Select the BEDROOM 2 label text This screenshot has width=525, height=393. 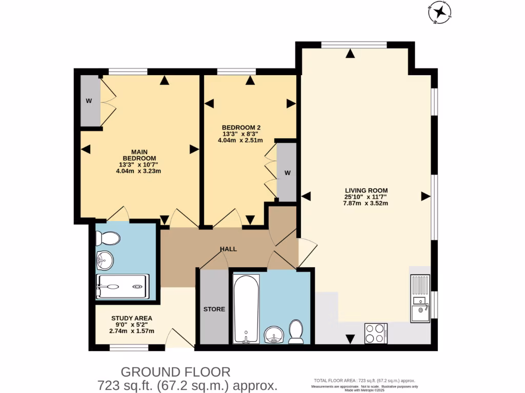coord(241,127)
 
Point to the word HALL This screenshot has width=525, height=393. coord(228,249)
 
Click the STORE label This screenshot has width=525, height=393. coord(214,309)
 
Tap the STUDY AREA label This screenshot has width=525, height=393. coord(132,318)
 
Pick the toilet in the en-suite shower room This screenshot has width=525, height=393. coord(109,238)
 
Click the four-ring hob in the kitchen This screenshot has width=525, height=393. coord(376,333)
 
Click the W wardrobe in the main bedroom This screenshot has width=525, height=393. coord(89,101)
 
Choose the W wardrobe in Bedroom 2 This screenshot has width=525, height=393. coord(287,172)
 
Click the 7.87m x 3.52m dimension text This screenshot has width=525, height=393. coord(366,203)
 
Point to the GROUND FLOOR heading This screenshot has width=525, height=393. coord(175,372)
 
